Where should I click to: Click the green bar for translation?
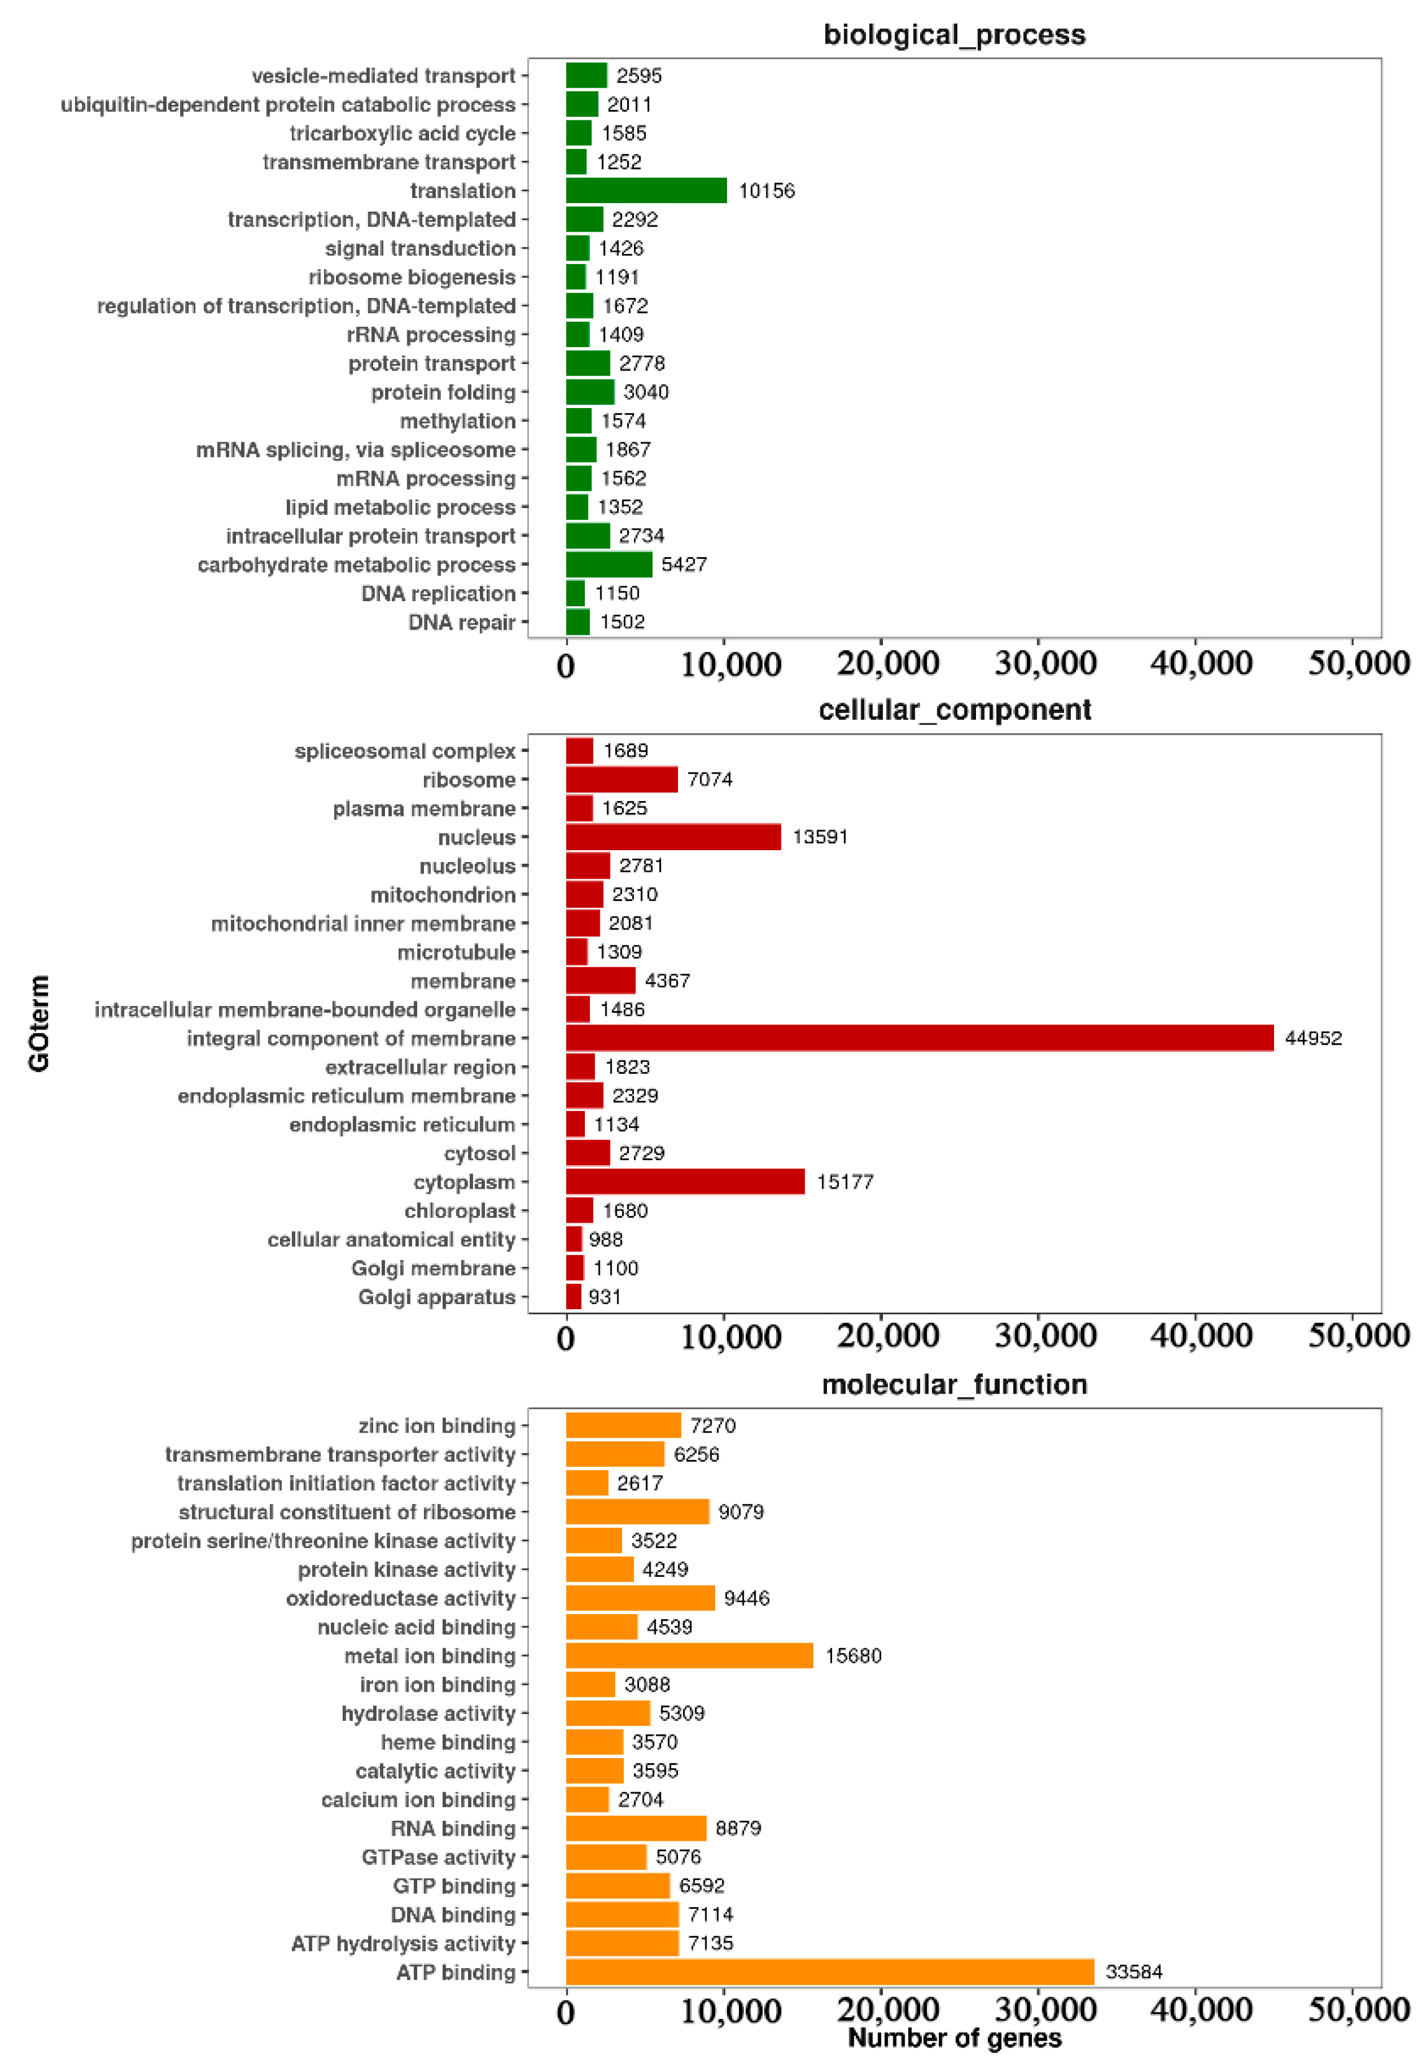645,191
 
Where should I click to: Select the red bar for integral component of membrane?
919,1038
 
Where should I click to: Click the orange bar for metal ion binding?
689,1656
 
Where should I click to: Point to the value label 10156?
766,191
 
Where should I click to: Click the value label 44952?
1313,1038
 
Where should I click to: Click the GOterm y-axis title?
38,1023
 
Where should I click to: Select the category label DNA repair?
462,622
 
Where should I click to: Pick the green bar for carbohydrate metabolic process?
608,565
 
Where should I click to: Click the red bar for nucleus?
673,837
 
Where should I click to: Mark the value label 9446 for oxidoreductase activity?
746,1599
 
